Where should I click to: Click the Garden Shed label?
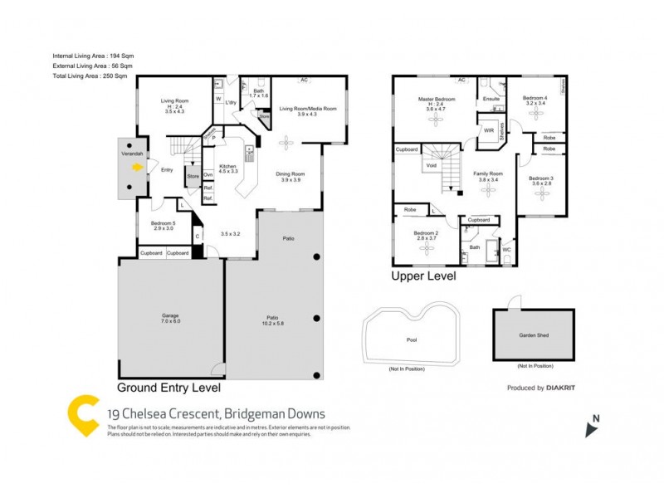pos(533,336)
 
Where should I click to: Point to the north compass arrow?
pos(591,427)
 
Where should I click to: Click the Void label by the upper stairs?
pos(432,166)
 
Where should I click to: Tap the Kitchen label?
pos(228,167)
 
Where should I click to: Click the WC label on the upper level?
pos(505,249)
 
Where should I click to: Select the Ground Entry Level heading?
pos(168,388)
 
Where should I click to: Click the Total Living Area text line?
pos(90,76)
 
